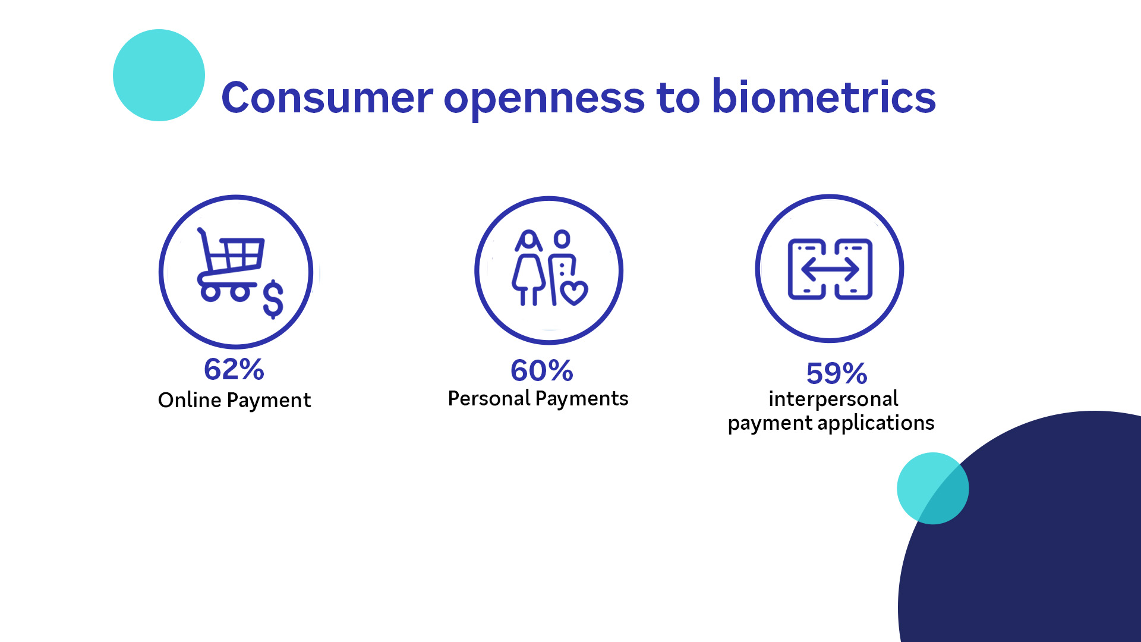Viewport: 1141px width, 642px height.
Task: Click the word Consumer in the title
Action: [x=327, y=97]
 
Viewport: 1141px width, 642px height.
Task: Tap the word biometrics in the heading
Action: [x=824, y=96]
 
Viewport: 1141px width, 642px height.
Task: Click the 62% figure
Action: [x=234, y=369]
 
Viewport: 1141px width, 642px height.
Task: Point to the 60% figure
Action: [x=542, y=371]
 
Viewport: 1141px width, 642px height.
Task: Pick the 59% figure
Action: [x=837, y=374]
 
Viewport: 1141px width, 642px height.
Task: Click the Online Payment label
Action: [x=234, y=401]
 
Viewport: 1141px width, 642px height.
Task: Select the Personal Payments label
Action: [x=538, y=399]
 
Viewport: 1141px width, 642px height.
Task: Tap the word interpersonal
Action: [x=833, y=399]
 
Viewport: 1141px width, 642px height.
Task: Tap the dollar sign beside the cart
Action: [x=273, y=299]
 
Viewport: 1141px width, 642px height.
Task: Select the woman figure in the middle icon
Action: [x=528, y=268]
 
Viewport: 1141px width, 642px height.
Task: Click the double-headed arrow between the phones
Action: [x=830, y=270]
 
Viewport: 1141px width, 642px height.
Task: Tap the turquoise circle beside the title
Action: [x=159, y=75]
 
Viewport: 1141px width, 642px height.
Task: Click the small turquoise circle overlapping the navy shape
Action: [x=932, y=489]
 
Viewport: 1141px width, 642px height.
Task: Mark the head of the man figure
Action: [x=562, y=239]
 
